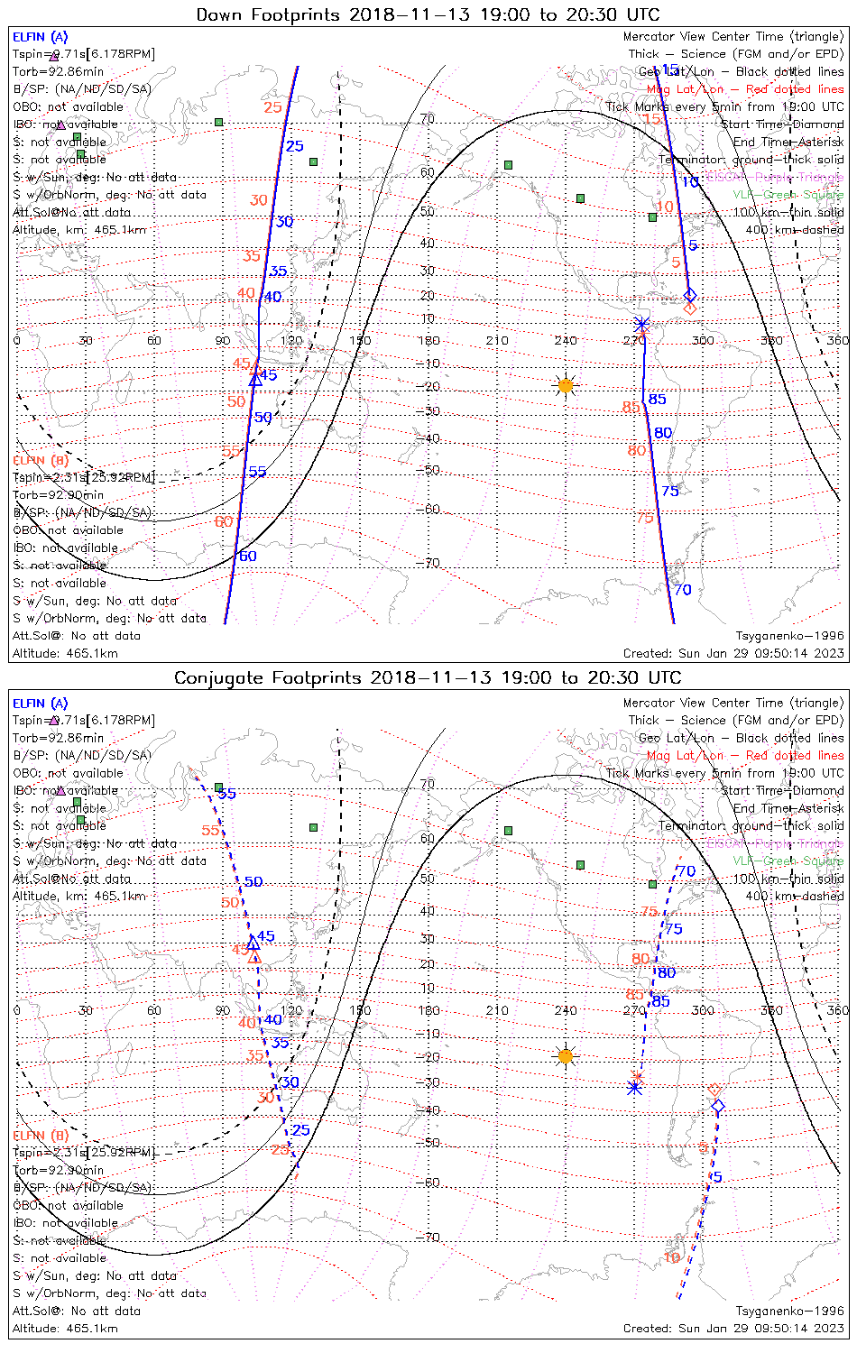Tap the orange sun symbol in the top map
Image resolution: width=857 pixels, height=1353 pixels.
tap(566, 386)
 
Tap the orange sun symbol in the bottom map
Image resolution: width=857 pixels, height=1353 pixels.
tap(566, 1055)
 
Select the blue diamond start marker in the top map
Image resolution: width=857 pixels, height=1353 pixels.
tap(690, 294)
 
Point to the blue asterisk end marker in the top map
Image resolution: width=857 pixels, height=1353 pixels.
tap(641, 325)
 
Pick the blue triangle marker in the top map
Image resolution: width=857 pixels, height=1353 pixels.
tap(255, 380)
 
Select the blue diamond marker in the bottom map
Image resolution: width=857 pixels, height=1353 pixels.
tap(718, 1106)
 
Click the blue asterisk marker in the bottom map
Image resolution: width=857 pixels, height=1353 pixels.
tap(634, 1088)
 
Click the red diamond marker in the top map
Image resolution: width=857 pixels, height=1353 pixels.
tap(690, 308)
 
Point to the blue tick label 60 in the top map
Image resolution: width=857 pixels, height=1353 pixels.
tap(247, 556)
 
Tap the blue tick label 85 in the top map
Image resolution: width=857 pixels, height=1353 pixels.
tap(658, 400)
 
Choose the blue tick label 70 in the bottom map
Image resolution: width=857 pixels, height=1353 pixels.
tap(686, 870)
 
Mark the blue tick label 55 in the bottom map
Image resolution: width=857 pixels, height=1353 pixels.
tap(227, 794)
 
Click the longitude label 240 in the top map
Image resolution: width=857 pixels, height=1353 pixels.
tap(566, 340)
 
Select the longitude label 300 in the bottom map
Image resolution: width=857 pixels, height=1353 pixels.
tap(703, 1010)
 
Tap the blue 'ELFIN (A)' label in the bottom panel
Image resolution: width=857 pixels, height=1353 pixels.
tap(41, 703)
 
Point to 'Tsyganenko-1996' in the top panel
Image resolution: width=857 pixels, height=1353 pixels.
tap(789, 636)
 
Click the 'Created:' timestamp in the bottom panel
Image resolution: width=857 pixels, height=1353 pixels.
tap(733, 1328)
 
